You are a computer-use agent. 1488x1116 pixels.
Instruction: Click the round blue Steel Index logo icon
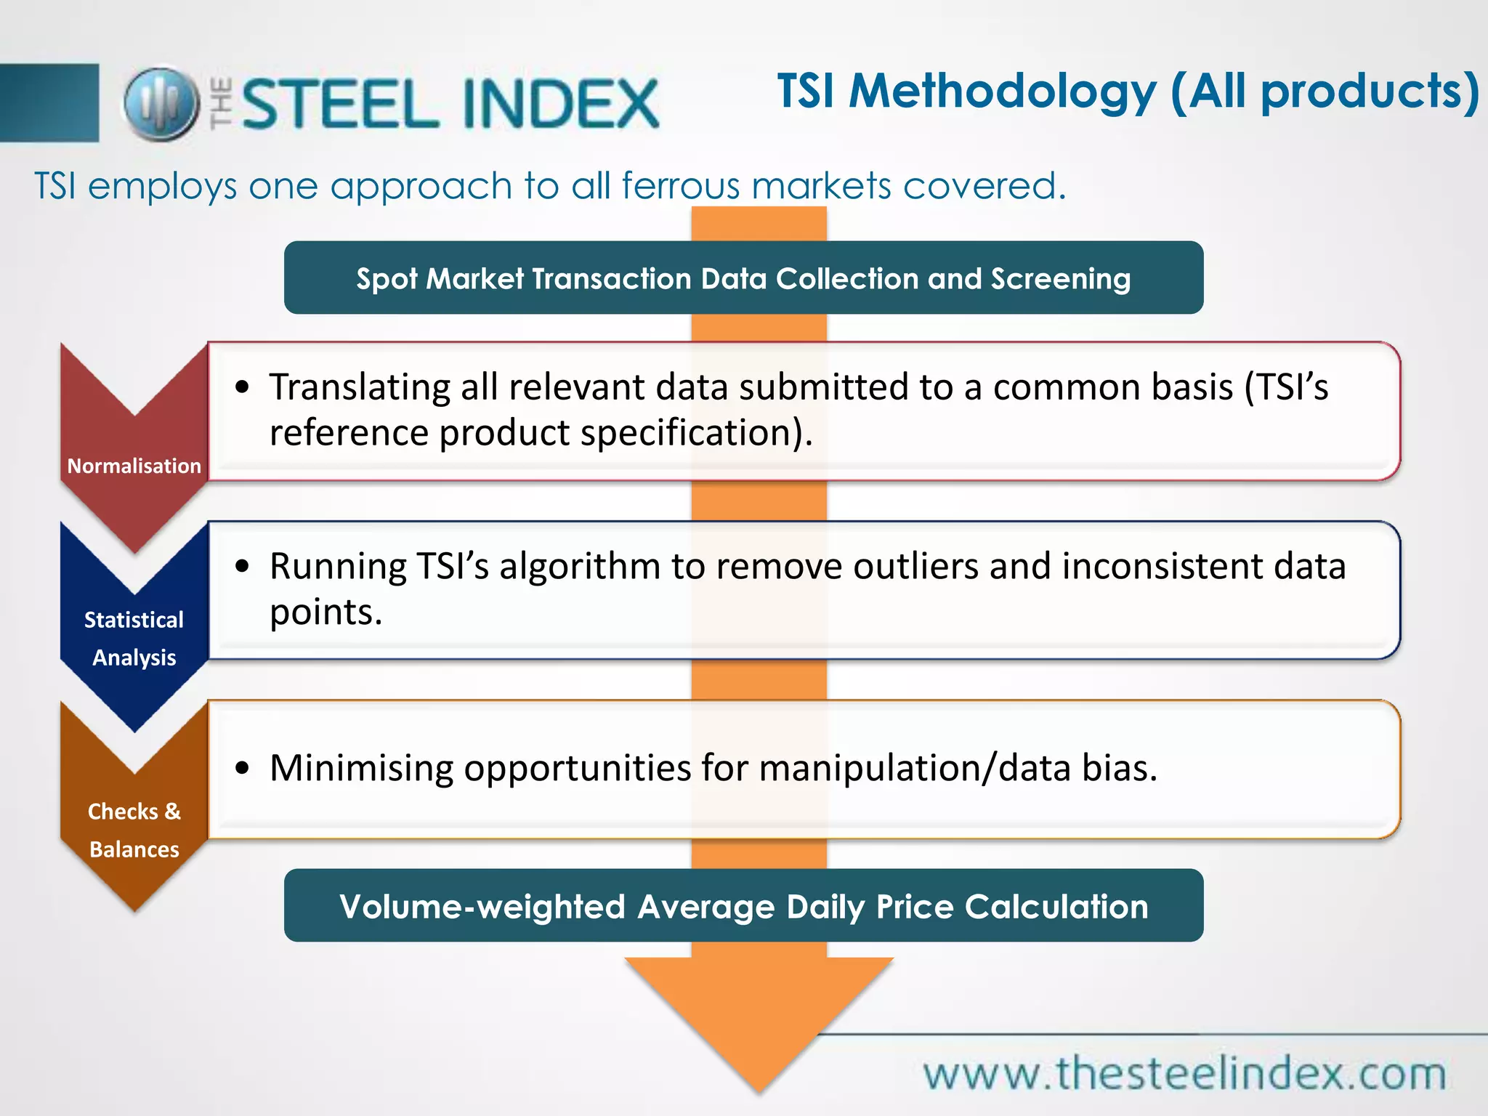coord(161,103)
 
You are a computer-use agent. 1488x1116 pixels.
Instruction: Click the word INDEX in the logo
coord(560,105)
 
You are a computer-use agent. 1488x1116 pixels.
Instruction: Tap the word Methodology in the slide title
coord(1003,92)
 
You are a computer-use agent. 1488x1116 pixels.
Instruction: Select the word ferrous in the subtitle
coord(680,186)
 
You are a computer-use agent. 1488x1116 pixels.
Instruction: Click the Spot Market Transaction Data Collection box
coord(743,278)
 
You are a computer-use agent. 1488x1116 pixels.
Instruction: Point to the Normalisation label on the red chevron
coord(134,466)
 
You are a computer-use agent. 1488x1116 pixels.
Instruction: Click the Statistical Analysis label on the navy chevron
coord(134,639)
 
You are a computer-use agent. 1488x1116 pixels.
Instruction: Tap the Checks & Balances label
coord(134,830)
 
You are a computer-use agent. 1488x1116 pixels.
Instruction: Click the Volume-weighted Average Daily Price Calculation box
coord(743,906)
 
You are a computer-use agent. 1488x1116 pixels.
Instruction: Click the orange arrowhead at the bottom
coord(759,1017)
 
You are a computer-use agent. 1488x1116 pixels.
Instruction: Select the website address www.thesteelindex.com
coord(1184,1074)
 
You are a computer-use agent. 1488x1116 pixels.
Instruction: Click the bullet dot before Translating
coord(243,387)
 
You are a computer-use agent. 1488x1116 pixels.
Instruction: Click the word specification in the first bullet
coord(694,433)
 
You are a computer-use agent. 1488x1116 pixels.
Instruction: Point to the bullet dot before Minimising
coord(243,768)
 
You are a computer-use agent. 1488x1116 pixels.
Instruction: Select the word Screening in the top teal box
coord(1061,279)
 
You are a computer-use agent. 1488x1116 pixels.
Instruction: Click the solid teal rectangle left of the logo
coord(49,102)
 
